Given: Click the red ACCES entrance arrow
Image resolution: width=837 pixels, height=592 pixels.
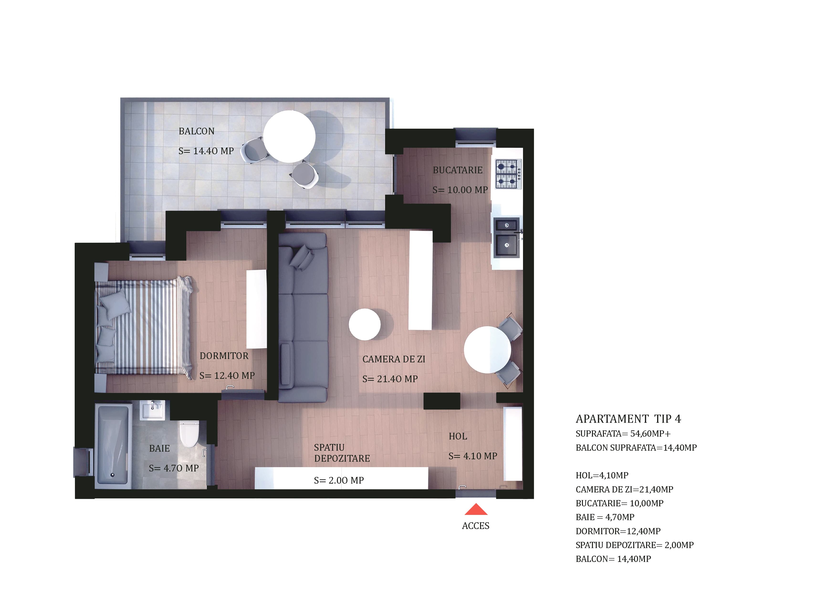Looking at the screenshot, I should pos(476,510).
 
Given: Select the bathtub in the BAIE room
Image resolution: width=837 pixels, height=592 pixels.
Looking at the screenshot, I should pos(113,446).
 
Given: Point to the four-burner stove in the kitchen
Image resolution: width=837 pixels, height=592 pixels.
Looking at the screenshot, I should pos(508,174).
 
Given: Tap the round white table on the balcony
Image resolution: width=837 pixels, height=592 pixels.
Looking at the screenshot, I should pos(289,136).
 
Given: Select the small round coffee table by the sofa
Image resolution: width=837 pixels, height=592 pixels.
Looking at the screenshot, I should pos(365,324).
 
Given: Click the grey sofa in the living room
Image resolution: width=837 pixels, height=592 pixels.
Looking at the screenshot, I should pos(303,317).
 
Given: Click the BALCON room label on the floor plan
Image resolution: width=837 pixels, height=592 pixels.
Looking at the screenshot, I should pos(197,131).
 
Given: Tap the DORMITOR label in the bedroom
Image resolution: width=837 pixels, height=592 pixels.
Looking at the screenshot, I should pos(224,356).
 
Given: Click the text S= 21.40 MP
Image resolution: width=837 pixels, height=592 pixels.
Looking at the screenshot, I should pos(390,379).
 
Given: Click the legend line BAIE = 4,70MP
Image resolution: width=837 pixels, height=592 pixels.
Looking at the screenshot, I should pos(605,517).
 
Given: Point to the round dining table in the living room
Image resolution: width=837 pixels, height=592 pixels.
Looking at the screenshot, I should pos(487,350).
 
